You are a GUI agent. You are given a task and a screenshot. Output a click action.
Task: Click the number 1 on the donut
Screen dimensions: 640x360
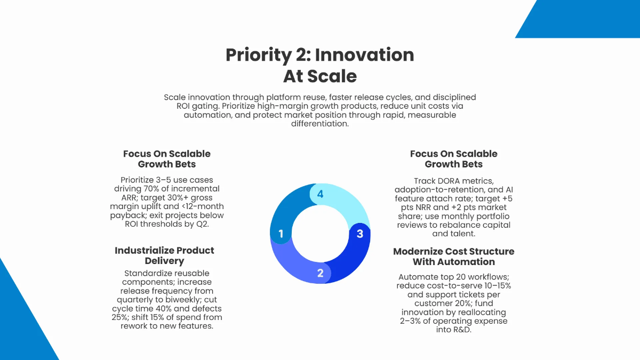coord(281,234)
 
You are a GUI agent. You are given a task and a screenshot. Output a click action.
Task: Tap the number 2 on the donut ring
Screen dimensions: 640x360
coord(321,273)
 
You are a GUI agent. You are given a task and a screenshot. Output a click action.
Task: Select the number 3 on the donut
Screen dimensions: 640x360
coord(360,234)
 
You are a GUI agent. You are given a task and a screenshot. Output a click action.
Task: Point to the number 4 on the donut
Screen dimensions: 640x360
coord(321,194)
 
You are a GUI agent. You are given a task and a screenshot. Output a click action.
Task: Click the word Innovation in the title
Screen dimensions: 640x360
coord(365,55)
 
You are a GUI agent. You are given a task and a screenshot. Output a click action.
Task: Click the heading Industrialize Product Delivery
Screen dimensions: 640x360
coord(164,255)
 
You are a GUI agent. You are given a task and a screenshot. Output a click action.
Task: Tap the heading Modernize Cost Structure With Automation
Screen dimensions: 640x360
coord(454,257)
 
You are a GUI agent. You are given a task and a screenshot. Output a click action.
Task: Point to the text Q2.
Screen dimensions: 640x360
coord(203,224)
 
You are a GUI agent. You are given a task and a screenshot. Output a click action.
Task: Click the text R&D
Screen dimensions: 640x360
coord(454,330)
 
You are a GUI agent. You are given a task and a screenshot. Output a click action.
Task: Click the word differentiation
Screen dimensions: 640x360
coord(320,124)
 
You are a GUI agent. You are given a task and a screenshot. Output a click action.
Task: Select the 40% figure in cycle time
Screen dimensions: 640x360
coord(163,309)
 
